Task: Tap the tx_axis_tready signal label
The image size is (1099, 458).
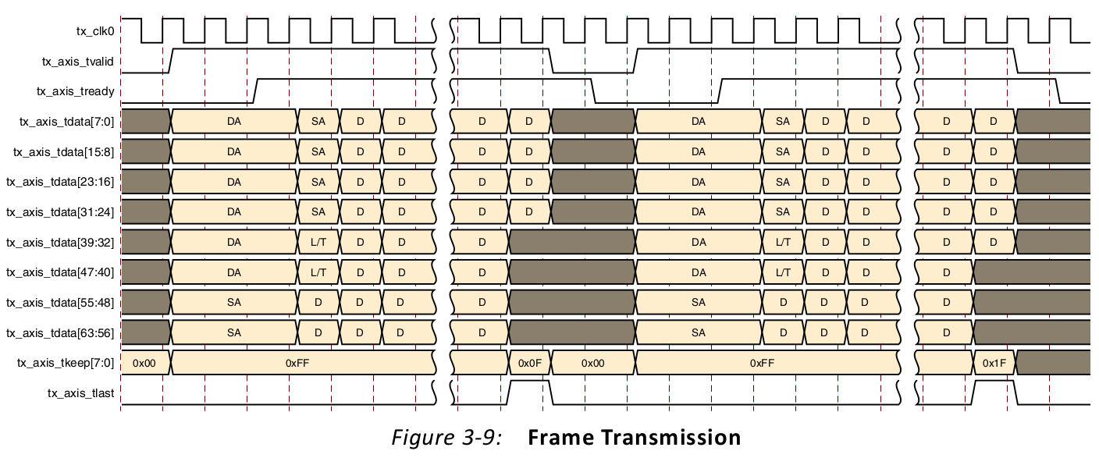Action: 76,91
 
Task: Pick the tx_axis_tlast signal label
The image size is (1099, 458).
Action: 82,393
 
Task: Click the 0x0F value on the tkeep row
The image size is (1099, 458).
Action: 530,364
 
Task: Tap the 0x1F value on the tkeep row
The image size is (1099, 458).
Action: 994,364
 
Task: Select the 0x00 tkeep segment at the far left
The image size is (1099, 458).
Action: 145,364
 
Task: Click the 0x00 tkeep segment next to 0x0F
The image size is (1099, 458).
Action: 593,364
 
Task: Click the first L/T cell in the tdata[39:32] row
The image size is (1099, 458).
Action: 318,243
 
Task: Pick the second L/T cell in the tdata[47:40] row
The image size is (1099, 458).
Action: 783,273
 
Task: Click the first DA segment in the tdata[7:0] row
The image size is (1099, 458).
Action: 234,122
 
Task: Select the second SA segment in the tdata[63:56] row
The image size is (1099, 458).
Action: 699,333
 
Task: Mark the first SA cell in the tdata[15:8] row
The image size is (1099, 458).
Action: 318,152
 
